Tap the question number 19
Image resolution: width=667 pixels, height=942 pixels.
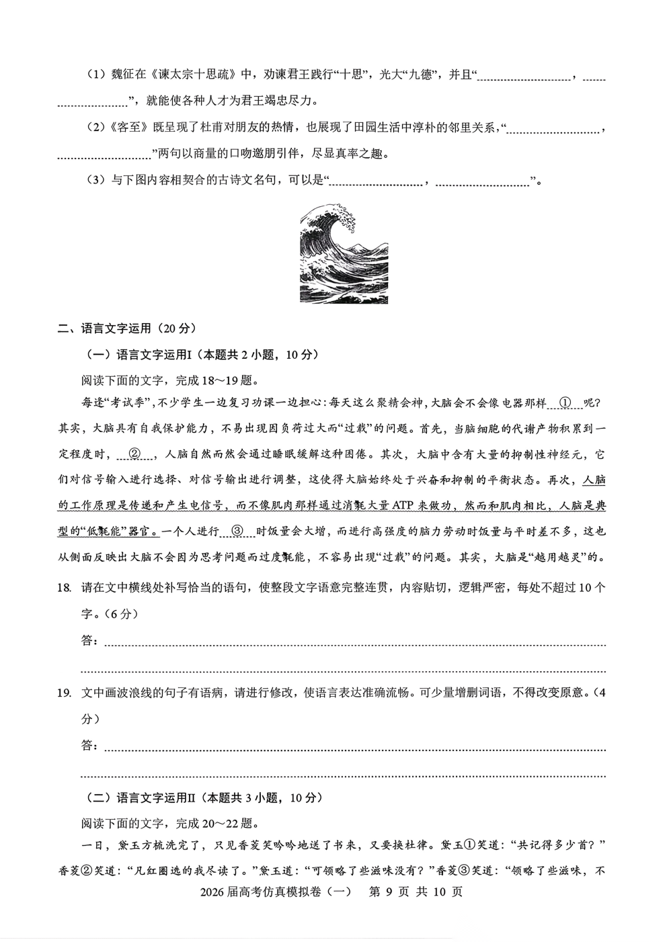point(65,693)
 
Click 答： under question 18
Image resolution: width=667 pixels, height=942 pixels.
point(90,641)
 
